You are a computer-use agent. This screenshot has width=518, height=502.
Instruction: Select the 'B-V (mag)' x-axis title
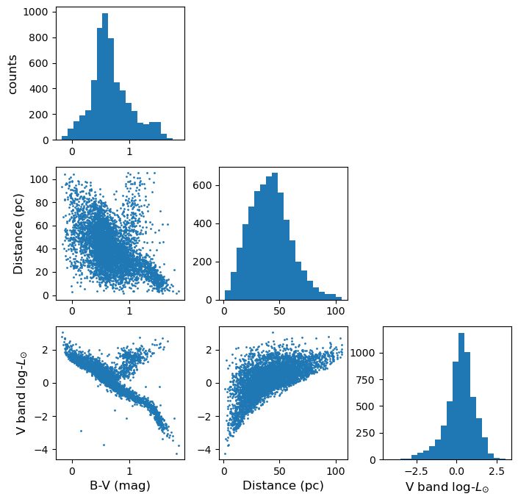tap(120, 486)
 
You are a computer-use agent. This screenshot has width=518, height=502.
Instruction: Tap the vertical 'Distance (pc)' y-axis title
tap(18, 234)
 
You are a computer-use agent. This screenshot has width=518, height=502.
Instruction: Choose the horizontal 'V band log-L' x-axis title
tap(447, 487)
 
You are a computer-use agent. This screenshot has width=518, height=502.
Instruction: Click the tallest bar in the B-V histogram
tap(105, 76)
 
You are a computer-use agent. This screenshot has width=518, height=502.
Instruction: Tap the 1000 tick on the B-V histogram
tap(40, 12)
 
